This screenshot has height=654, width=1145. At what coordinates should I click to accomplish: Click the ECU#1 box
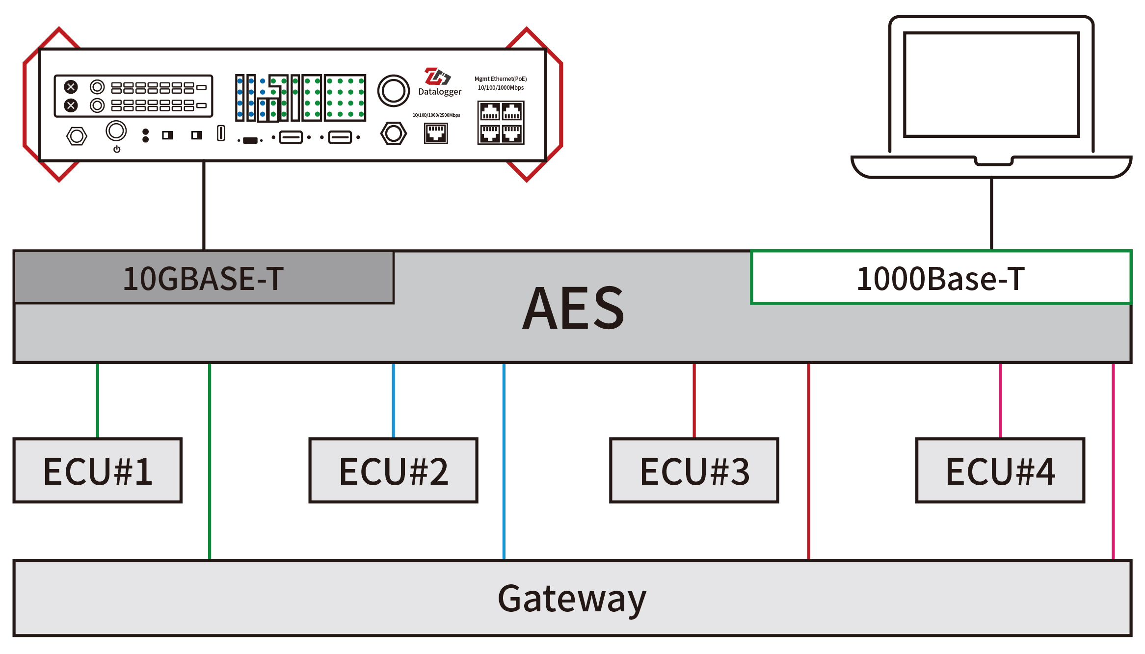98,471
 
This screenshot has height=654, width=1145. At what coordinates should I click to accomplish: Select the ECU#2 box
393,471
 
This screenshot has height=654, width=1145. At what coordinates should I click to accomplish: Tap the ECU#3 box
694,471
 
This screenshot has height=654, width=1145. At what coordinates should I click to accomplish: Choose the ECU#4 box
1000,471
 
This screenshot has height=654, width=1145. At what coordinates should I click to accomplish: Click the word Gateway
572,599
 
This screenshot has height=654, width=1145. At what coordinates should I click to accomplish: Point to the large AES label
573,308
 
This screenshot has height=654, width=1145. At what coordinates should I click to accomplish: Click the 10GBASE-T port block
204,278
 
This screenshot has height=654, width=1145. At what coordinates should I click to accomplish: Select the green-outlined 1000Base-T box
941,278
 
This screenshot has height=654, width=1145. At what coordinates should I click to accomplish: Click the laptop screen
991,84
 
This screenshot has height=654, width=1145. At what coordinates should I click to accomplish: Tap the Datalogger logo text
440,92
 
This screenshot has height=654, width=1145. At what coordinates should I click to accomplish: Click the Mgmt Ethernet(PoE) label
501,79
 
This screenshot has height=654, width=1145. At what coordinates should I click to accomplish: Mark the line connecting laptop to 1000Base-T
991,213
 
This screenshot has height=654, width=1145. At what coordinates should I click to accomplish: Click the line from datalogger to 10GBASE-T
204,206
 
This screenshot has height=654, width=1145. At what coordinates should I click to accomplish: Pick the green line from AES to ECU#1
98,400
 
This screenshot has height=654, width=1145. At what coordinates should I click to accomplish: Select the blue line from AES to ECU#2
393,400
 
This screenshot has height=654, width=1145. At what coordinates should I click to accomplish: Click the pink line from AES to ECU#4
1000,400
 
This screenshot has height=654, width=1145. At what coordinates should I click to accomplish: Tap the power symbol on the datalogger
117,149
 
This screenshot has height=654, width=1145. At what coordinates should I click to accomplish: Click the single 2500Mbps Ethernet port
436,133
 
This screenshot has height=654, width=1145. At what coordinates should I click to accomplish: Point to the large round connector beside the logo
394,91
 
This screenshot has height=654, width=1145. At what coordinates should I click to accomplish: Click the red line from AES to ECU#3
694,400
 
